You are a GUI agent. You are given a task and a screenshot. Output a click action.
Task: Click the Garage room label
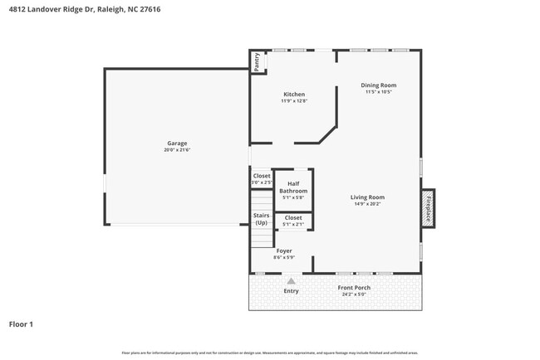pyautogui.click(x=176, y=143)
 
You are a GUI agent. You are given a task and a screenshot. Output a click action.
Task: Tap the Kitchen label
pyautogui.click(x=294, y=95)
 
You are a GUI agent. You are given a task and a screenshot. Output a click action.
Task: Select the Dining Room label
pyautogui.click(x=378, y=85)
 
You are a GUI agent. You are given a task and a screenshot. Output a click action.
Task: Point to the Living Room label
pyautogui.click(x=367, y=197)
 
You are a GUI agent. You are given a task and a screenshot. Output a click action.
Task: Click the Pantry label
pyautogui.click(x=258, y=62)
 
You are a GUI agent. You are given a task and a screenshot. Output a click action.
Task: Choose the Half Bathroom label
pyautogui.click(x=293, y=187)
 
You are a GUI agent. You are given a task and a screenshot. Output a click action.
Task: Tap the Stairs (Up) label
pyautogui.click(x=262, y=219)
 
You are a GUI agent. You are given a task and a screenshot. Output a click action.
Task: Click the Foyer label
pyautogui.click(x=284, y=251)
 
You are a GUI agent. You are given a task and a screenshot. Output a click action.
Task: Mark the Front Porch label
pyautogui.click(x=354, y=288)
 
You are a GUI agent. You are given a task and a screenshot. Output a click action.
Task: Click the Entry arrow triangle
pyautogui.click(x=291, y=281)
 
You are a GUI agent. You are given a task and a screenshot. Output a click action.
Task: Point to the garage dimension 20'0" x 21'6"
pyautogui.click(x=177, y=150)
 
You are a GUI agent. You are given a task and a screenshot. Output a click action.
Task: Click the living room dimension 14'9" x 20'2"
pyautogui.click(x=367, y=203)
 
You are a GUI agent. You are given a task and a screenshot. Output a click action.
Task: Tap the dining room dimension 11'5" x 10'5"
pyautogui.click(x=378, y=92)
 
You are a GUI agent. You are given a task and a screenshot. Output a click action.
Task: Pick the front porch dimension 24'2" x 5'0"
pyautogui.click(x=354, y=294)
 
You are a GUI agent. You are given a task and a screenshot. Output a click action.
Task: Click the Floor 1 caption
pyautogui.click(x=21, y=324)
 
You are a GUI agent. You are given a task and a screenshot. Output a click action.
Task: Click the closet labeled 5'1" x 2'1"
pyautogui.click(x=293, y=221)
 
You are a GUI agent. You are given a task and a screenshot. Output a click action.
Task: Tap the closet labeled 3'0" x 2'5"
pyautogui.click(x=262, y=178)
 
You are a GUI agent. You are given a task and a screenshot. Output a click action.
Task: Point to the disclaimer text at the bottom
pyautogui.click(x=269, y=353)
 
